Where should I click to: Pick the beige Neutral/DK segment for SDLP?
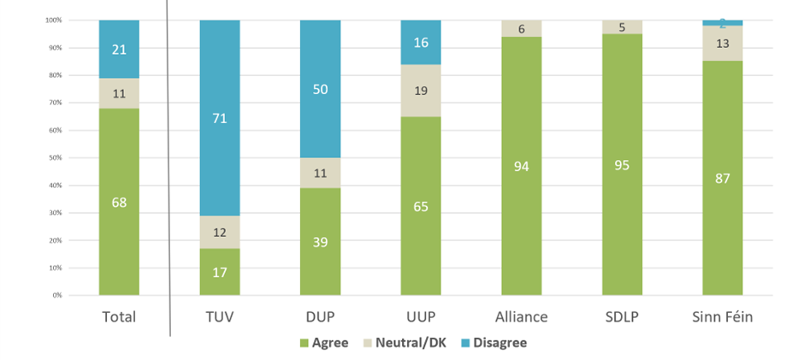pos(622,27)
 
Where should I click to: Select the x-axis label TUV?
pos(220,316)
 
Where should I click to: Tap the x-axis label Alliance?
pos(521,316)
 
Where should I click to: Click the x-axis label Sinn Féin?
pos(722,316)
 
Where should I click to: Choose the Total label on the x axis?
pos(119,316)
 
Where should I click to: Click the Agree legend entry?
pos(323,343)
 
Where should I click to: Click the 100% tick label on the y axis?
pos(52,20)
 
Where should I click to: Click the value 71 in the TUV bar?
pos(220,118)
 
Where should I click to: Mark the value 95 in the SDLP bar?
pos(622,165)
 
